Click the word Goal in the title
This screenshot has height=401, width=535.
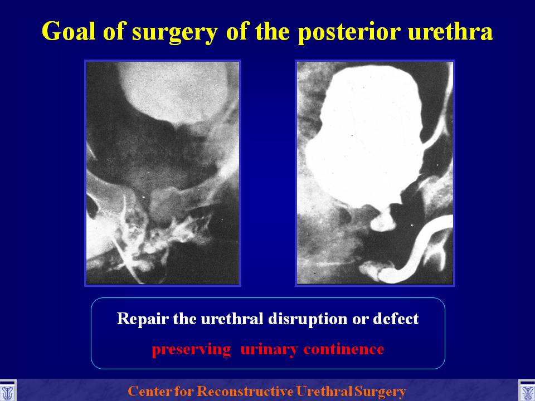(x=68, y=31)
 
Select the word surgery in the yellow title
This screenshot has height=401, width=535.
(x=174, y=33)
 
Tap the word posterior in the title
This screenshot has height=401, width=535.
(x=349, y=33)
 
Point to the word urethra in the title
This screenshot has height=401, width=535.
(x=450, y=31)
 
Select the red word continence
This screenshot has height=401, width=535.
(x=344, y=349)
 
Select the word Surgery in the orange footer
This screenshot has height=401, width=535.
(x=380, y=392)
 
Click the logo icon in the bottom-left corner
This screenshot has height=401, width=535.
(x=7, y=391)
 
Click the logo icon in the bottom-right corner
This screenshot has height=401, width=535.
(x=527, y=391)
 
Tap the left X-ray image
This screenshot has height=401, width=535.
(x=162, y=173)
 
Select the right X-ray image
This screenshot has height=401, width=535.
(x=375, y=173)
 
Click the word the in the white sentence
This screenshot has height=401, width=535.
(x=185, y=319)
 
